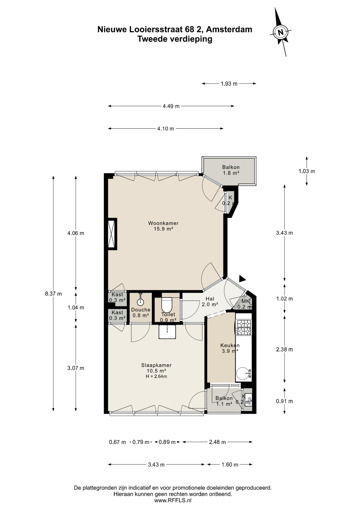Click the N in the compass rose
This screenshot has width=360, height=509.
280,33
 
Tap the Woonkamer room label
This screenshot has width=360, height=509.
163,226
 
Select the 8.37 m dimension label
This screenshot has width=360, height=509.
53,294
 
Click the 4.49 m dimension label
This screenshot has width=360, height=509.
171,106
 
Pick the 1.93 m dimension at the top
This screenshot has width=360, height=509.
229,84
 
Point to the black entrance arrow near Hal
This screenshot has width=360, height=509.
242,279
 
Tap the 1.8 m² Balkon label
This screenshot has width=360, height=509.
231,170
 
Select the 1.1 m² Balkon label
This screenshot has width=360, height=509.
224,401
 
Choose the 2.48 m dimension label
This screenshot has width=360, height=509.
217,442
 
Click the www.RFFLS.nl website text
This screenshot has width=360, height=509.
173,501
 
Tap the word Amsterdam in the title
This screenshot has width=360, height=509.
229,29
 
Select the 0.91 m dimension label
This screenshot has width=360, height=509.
284,401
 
